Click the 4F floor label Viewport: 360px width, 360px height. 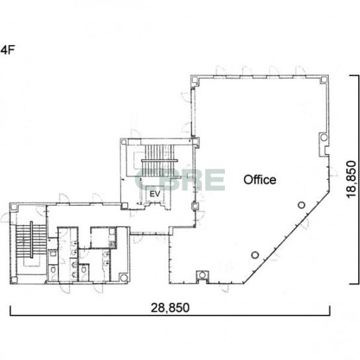(7, 50)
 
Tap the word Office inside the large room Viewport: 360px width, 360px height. (259, 180)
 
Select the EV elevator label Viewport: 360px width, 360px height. (155, 194)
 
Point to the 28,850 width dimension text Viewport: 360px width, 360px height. (170, 308)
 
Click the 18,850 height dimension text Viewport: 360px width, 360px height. (351, 179)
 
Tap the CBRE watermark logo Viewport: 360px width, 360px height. (180, 180)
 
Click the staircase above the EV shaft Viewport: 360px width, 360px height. (158, 160)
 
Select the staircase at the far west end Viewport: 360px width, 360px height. (31, 240)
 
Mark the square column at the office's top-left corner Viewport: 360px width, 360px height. (195, 79)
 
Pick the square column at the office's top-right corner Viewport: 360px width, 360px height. (324, 79)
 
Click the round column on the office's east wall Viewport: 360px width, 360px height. (324, 137)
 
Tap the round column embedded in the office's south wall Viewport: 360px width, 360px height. (202, 275)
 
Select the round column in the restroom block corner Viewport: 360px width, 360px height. (124, 277)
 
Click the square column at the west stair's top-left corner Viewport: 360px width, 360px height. (14, 207)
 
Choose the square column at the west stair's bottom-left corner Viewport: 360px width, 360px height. (14, 280)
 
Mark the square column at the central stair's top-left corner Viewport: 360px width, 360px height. (124, 142)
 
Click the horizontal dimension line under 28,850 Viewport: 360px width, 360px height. (170, 315)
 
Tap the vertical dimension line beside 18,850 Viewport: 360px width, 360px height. (358, 179)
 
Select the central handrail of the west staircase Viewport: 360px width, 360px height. (31, 240)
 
